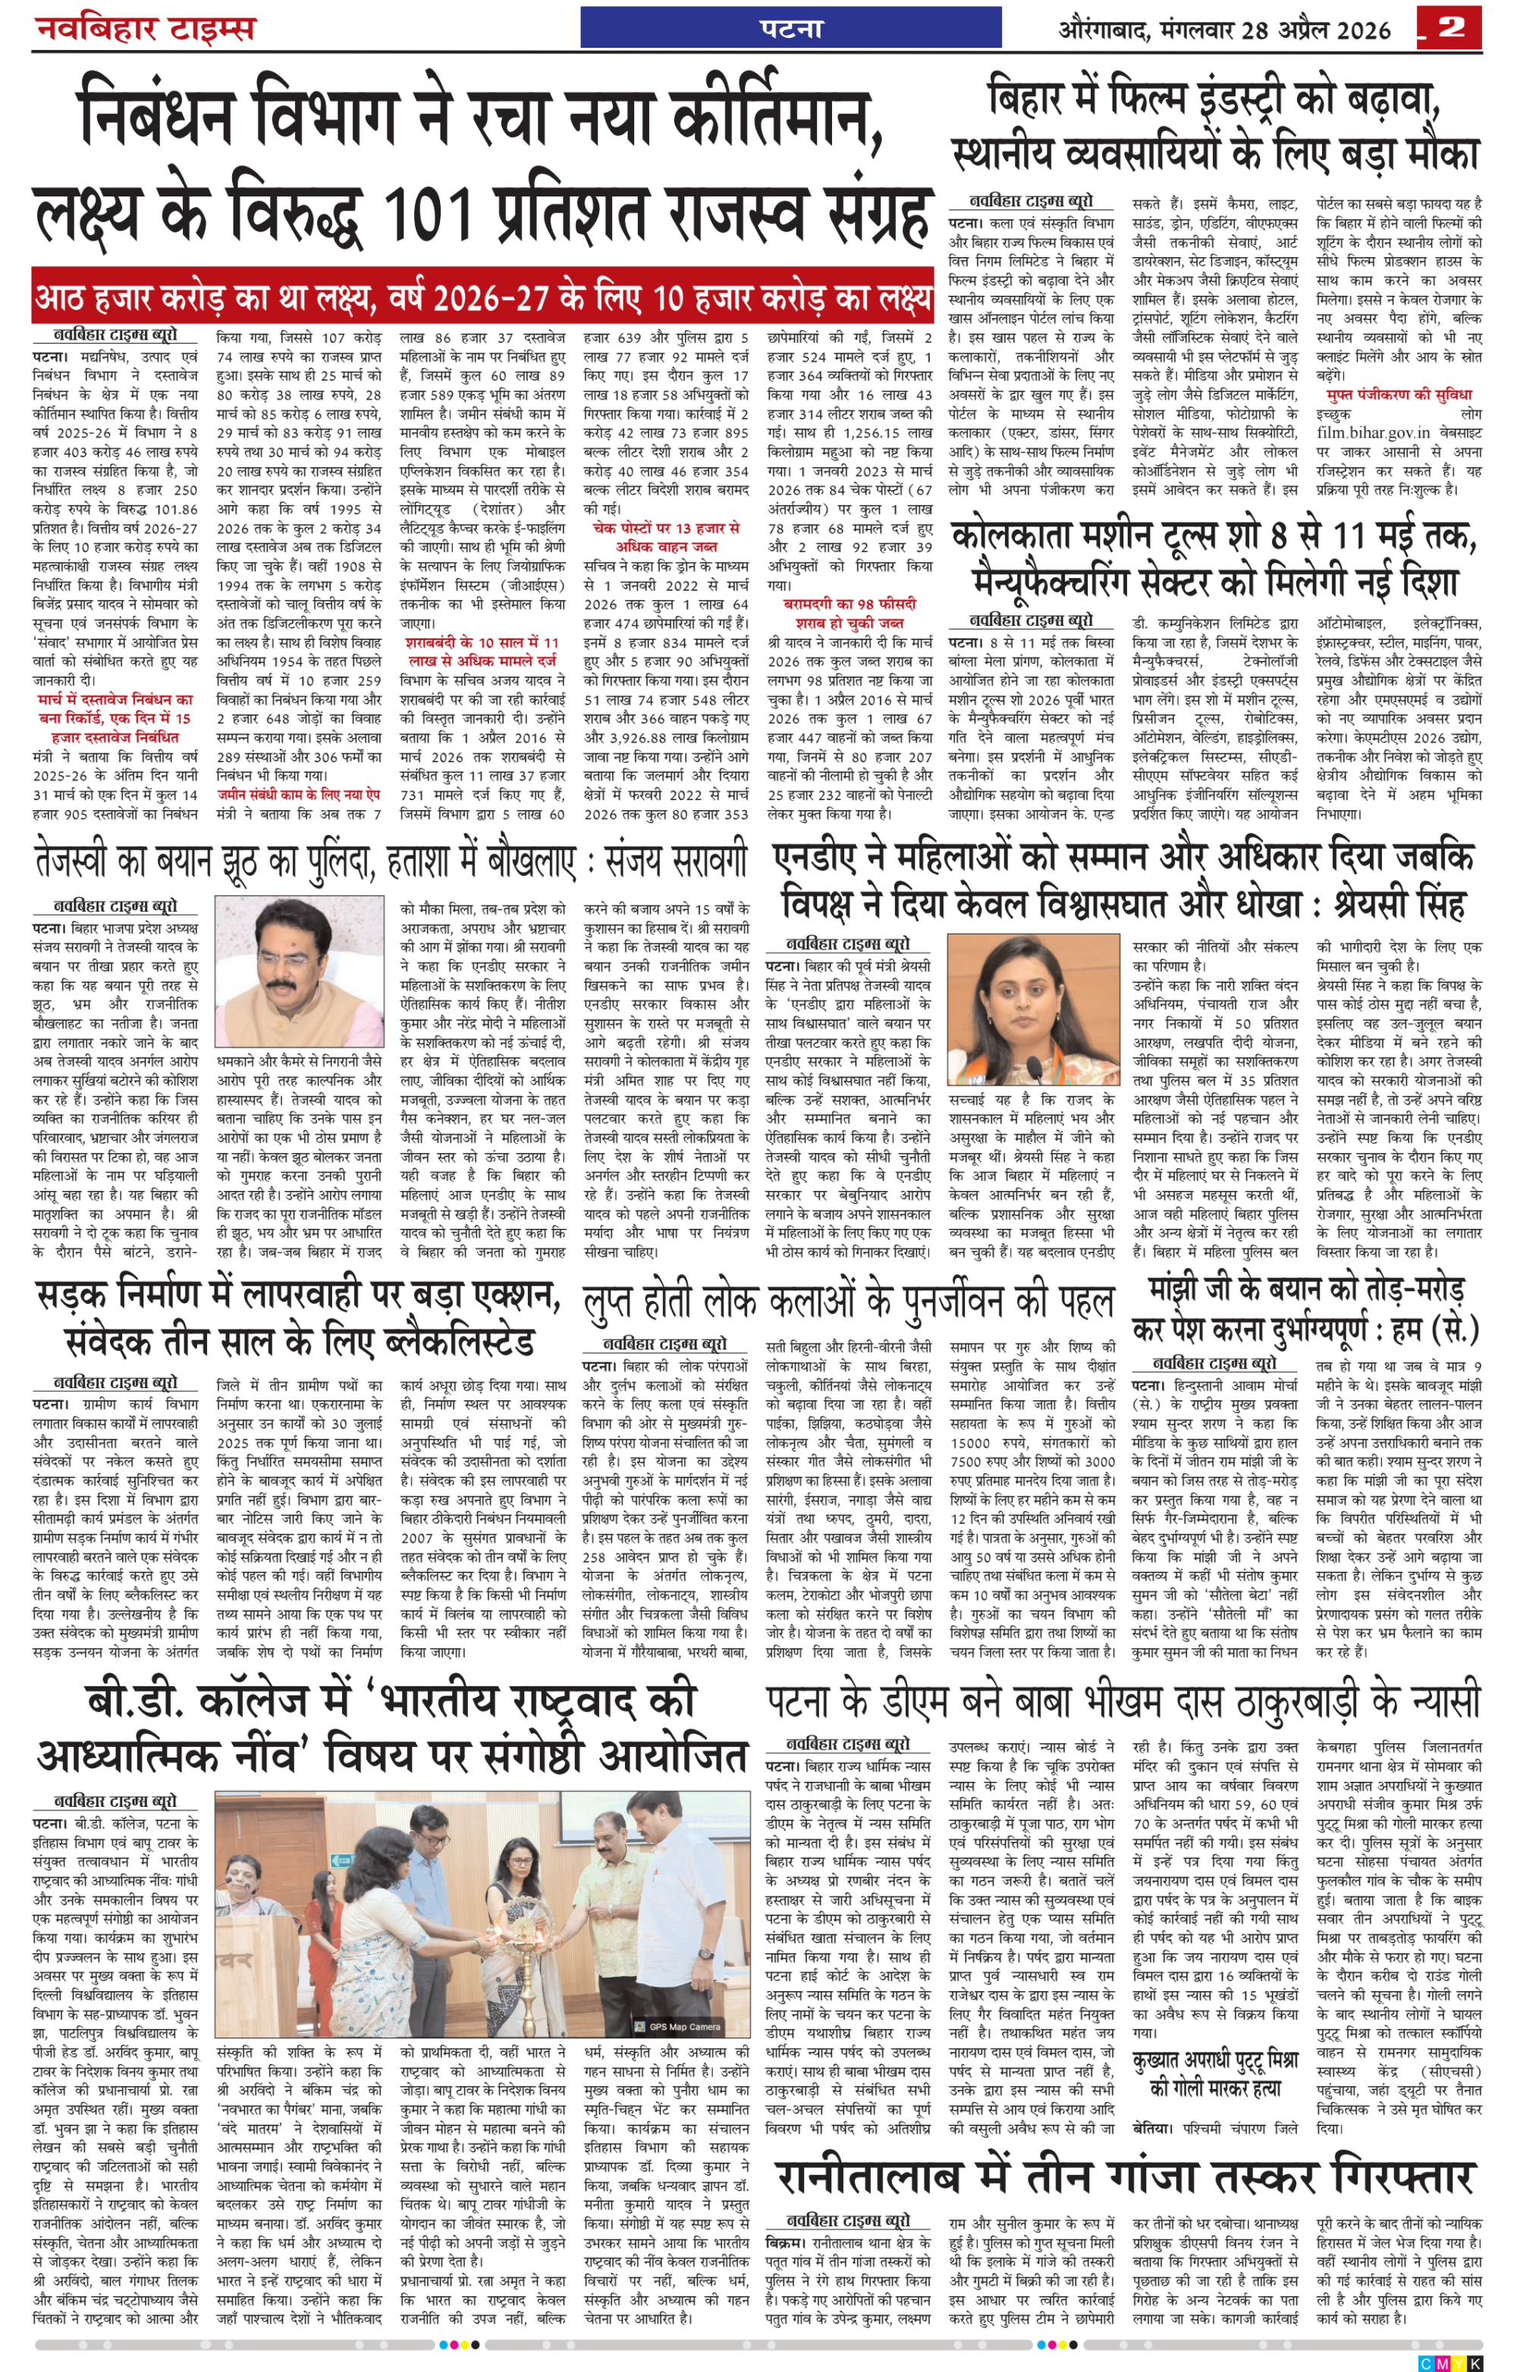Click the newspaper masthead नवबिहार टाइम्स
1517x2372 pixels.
tap(145, 27)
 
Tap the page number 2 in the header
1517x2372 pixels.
tap(1450, 27)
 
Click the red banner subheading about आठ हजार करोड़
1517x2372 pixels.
tap(482, 297)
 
